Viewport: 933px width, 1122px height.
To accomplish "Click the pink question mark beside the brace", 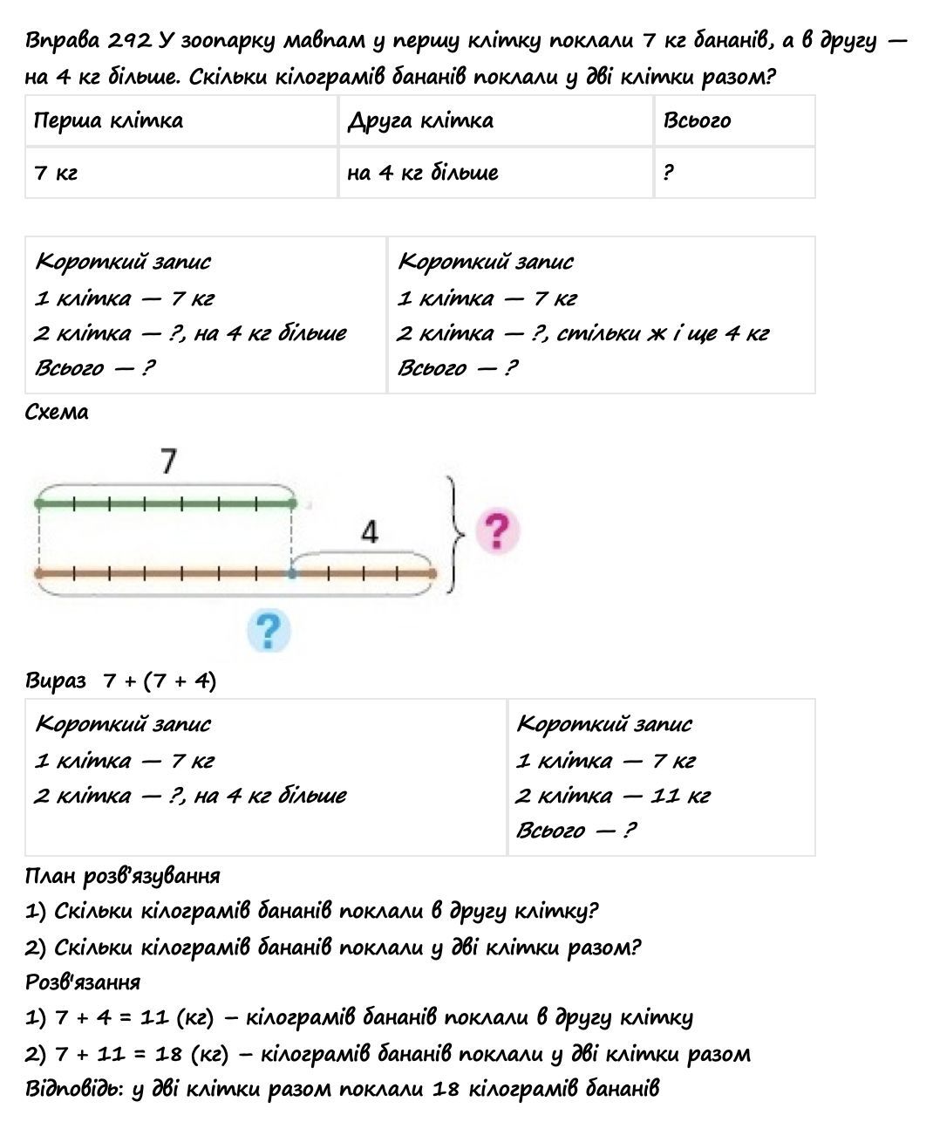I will tap(497, 530).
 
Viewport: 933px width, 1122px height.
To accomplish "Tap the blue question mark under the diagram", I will tap(269, 630).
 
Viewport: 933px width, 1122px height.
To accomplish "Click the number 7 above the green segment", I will tap(169, 461).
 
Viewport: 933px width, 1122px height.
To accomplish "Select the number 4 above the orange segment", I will tap(370, 531).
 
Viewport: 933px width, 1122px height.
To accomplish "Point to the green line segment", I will tap(166, 503).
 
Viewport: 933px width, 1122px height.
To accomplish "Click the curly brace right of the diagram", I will tap(453, 534).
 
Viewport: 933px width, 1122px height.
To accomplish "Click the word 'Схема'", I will tap(57, 412).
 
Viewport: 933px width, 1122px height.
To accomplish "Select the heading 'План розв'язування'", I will tap(123, 875).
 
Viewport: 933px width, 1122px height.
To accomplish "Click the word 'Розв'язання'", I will tap(83, 982).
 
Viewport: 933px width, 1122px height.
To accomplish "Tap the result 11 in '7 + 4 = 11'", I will tap(153, 1017).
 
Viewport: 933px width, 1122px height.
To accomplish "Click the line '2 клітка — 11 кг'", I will tap(612, 796).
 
